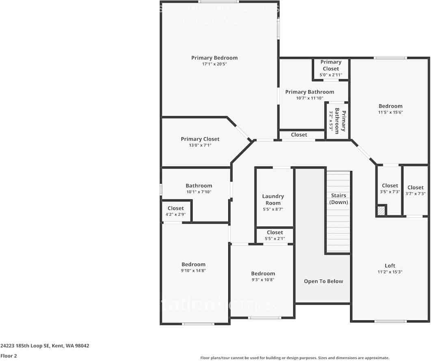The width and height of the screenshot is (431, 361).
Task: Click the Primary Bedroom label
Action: [x=214, y=58]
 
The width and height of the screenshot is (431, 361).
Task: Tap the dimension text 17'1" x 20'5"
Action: [x=214, y=64]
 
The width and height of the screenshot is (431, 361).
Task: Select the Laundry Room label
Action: [x=273, y=199]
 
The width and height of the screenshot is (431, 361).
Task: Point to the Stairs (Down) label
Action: [x=338, y=199]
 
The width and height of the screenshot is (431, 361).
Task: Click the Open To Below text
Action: [x=323, y=281]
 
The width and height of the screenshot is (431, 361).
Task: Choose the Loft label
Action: [x=390, y=266]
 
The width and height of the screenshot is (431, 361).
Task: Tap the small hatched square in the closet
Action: [x=381, y=211]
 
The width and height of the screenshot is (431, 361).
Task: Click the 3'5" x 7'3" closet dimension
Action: [x=390, y=192]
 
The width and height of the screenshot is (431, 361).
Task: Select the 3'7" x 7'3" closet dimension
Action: [x=415, y=194]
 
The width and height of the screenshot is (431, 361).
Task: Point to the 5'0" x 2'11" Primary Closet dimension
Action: [x=331, y=75]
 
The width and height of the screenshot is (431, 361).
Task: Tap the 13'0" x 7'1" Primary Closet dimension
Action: [x=200, y=145]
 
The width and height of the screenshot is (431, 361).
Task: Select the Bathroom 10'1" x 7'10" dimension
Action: [x=199, y=192]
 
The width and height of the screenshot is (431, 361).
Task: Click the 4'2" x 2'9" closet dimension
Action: [x=175, y=214]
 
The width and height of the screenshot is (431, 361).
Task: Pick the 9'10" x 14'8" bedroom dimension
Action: [x=193, y=270]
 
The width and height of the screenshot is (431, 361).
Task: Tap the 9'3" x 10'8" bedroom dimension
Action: [x=263, y=280]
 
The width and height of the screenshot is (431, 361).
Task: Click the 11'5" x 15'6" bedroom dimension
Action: [x=390, y=112]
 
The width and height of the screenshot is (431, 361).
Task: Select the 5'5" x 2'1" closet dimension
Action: [x=275, y=239]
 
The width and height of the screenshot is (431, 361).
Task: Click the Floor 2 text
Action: [x=9, y=356]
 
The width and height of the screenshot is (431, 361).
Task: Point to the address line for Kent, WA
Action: [x=45, y=346]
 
